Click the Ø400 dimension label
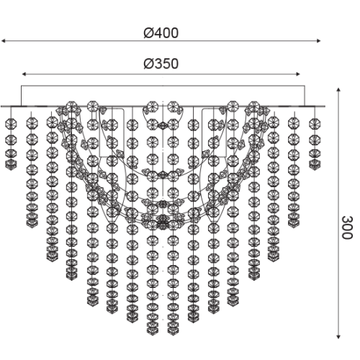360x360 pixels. pyautogui.click(x=161, y=33)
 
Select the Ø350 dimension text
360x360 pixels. pyautogui.click(x=161, y=64)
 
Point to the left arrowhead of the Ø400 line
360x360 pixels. pyautogui.click(x=4, y=42)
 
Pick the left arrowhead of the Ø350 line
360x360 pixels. pyautogui.click(x=24, y=73)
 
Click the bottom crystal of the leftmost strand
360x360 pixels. pyautogui.click(x=10, y=164)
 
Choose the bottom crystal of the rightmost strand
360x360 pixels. pyautogui.click(x=313, y=164)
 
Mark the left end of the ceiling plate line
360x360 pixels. pyautogui.click(x=2, y=107)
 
